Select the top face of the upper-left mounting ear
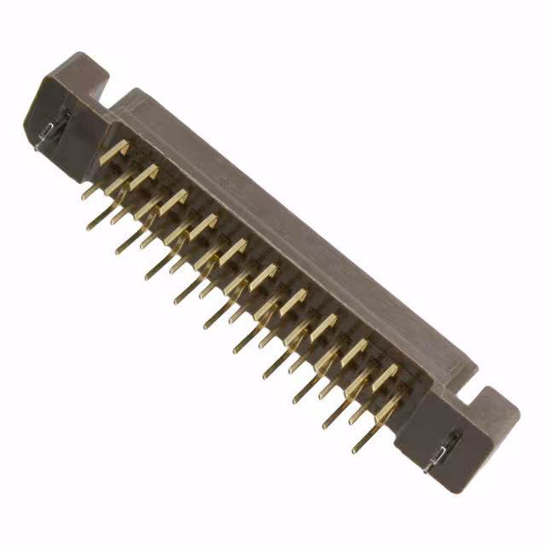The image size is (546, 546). [x=81, y=67]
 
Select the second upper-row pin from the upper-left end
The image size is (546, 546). [x=143, y=174]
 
